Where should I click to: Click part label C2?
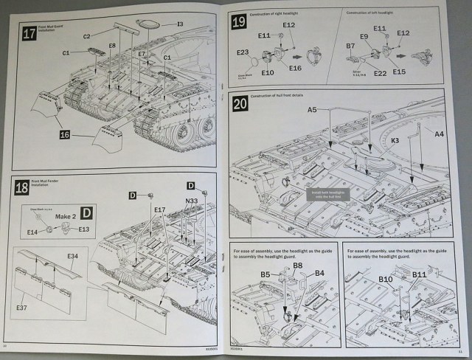pyautogui.click(x=87, y=36)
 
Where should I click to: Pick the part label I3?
pyautogui.click(x=179, y=24)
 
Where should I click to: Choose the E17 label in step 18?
pyautogui.click(x=159, y=210)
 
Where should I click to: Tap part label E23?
pyautogui.click(x=243, y=52)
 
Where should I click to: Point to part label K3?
pyautogui.click(x=395, y=139)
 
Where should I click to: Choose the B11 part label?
pyautogui.click(x=420, y=274)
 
